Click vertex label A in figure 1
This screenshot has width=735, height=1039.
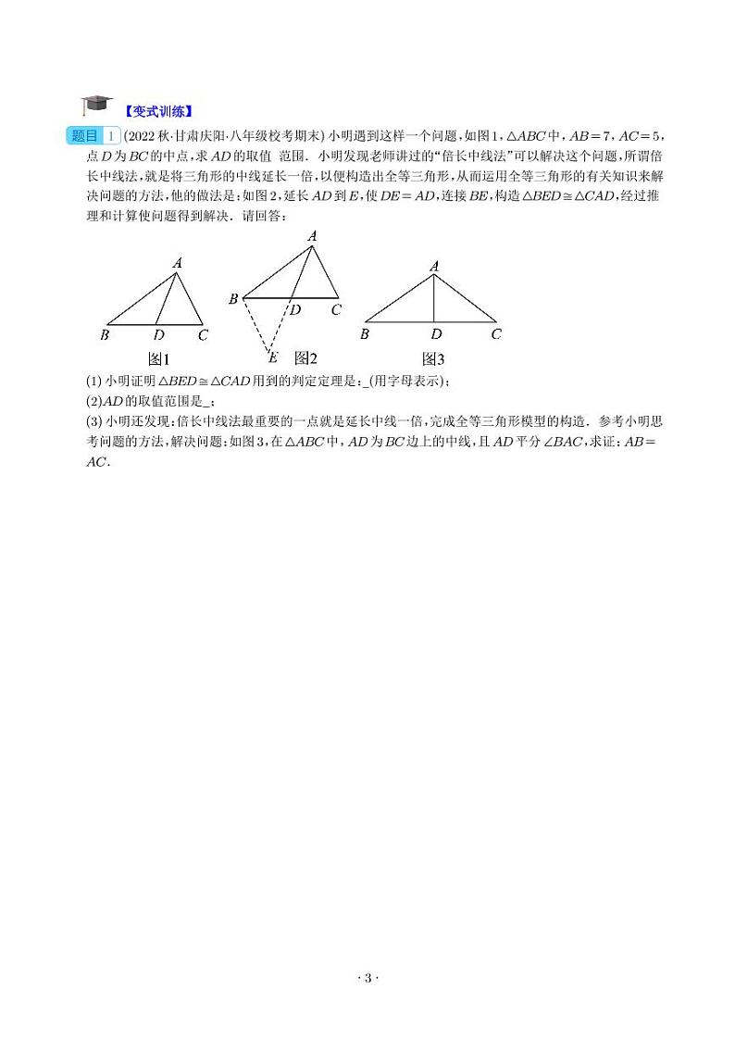point(177,263)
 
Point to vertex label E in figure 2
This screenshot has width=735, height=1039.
point(272,357)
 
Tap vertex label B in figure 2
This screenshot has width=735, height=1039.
point(233,298)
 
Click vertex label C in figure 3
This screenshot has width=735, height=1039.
point(496,334)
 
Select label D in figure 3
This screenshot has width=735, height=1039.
point(435,334)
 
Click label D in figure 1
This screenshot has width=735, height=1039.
point(159,335)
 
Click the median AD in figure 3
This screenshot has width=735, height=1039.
point(435,299)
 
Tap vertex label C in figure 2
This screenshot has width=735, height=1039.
point(336,309)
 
